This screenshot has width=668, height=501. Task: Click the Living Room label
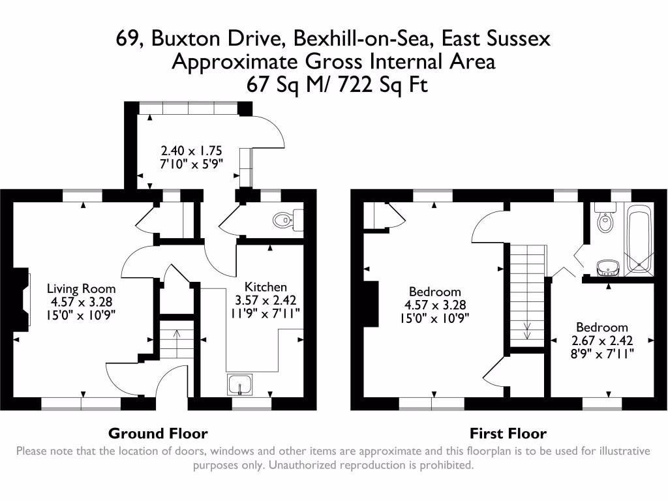pos(81,288)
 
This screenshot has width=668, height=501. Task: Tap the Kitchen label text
pos(266,287)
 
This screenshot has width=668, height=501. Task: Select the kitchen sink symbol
pos(240,386)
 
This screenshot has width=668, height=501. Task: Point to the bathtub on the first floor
pos(638,239)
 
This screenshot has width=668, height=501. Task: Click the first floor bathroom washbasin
pos(608,266)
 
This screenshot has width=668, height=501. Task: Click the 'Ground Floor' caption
pos(158,433)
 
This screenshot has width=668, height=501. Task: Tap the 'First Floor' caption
pos(508,433)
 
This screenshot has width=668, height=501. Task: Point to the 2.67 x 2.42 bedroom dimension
pos(601,341)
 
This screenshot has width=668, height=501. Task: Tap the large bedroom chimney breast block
pos(371,303)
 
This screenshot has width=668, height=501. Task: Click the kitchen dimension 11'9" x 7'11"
pos(266,314)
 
